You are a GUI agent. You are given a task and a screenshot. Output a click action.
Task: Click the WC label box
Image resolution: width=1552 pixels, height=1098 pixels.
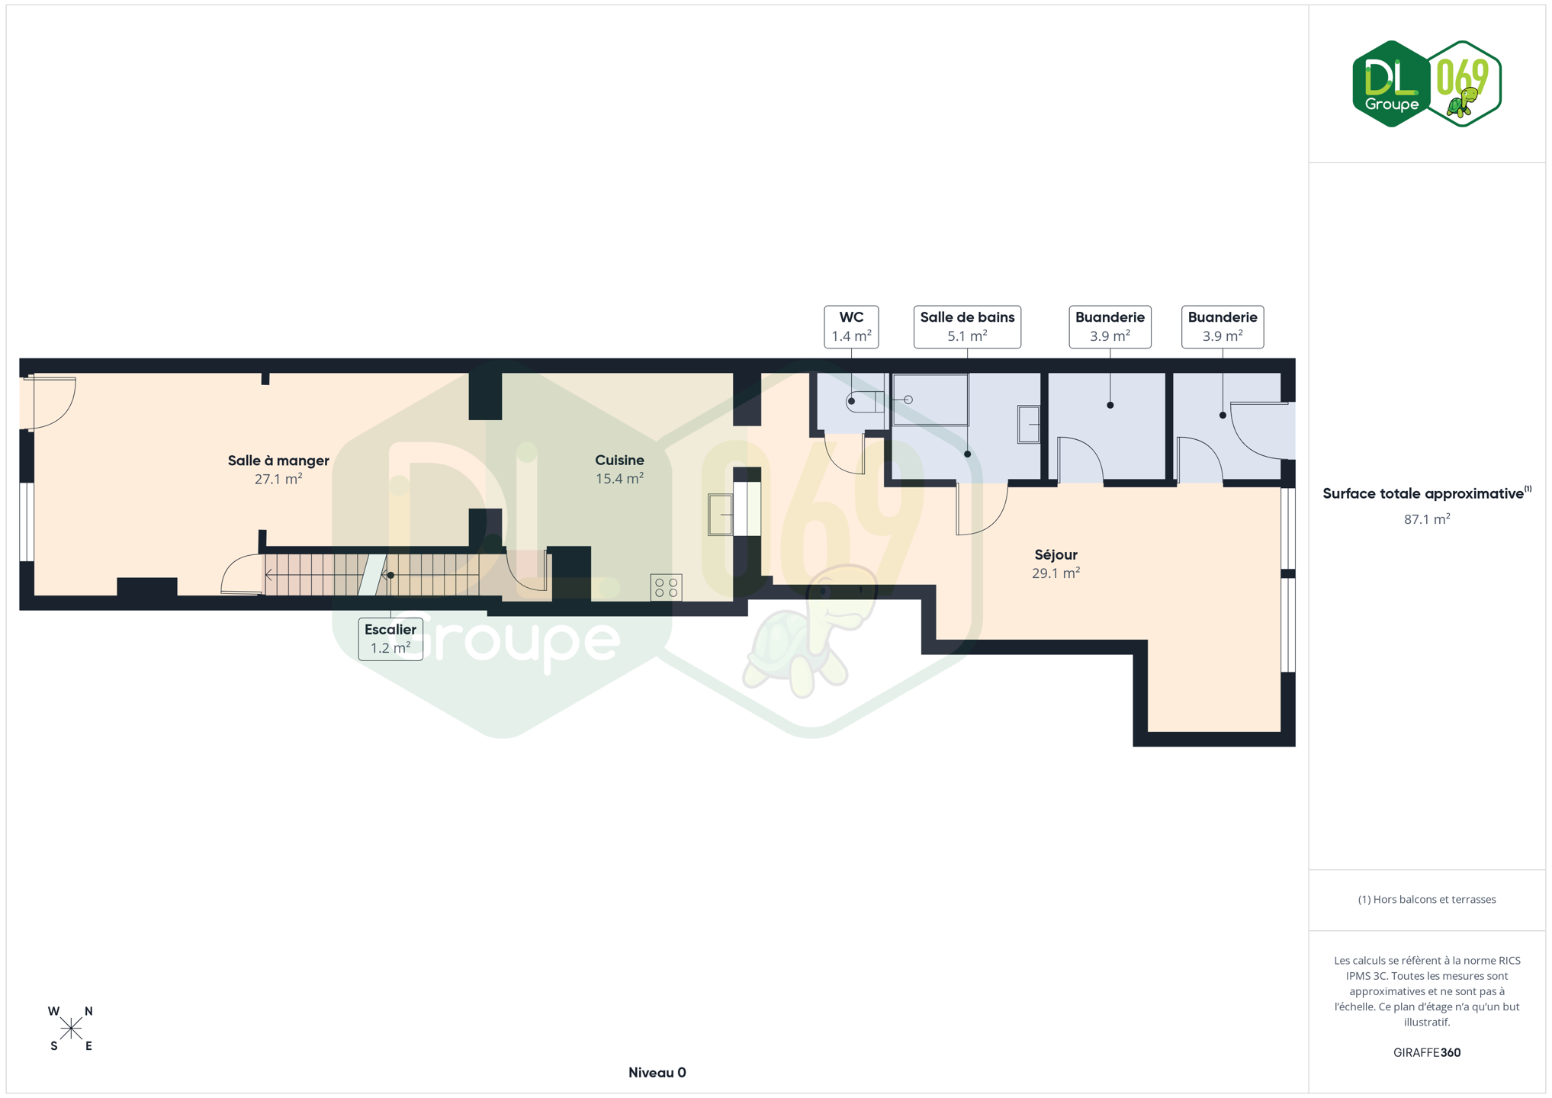click(x=851, y=326)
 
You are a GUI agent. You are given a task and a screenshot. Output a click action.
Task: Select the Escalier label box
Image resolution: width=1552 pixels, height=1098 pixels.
click(x=390, y=639)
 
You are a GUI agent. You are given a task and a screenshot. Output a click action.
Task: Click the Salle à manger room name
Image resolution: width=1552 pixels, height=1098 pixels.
click(x=278, y=461)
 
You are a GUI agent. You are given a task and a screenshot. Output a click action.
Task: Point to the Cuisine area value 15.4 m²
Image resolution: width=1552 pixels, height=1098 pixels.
click(x=619, y=479)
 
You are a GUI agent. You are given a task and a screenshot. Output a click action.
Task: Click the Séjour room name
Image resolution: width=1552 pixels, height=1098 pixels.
click(x=1056, y=554)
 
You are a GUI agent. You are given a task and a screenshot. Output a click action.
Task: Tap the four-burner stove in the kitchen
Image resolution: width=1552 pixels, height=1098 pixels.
click(x=666, y=588)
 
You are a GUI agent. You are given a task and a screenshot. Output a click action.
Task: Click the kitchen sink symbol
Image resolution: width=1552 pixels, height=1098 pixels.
click(x=721, y=514)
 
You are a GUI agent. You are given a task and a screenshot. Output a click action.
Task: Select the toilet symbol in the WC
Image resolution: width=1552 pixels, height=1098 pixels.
click(x=865, y=401)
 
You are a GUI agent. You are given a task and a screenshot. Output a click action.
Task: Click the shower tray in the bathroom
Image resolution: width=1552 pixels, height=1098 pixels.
click(x=930, y=400)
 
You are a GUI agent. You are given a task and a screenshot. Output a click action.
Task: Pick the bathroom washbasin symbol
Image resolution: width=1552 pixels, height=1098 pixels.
click(x=1029, y=424)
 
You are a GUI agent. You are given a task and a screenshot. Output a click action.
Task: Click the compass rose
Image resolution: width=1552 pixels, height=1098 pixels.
click(x=71, y=1029)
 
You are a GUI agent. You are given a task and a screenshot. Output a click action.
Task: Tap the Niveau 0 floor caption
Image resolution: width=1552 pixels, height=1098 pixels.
click(x=657, y=1073)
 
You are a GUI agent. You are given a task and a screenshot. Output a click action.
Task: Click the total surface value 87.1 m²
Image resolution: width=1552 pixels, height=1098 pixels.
click(x=1427, y=518)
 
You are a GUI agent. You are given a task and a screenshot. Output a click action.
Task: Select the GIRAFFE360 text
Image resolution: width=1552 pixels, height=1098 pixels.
click(x=1427, y=1052)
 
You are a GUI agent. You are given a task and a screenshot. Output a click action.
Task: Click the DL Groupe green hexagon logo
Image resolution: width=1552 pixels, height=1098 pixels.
click(x=1391, y=84)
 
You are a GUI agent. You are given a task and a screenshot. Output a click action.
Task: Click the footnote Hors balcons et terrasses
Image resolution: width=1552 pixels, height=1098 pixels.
click(x=1427, y=900)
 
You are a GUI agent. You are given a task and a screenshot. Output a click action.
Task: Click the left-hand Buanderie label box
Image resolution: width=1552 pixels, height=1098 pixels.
click(x=1110, y=326)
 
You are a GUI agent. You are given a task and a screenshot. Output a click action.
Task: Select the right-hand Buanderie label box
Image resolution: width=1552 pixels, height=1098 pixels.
click(x=1223, y=326)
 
